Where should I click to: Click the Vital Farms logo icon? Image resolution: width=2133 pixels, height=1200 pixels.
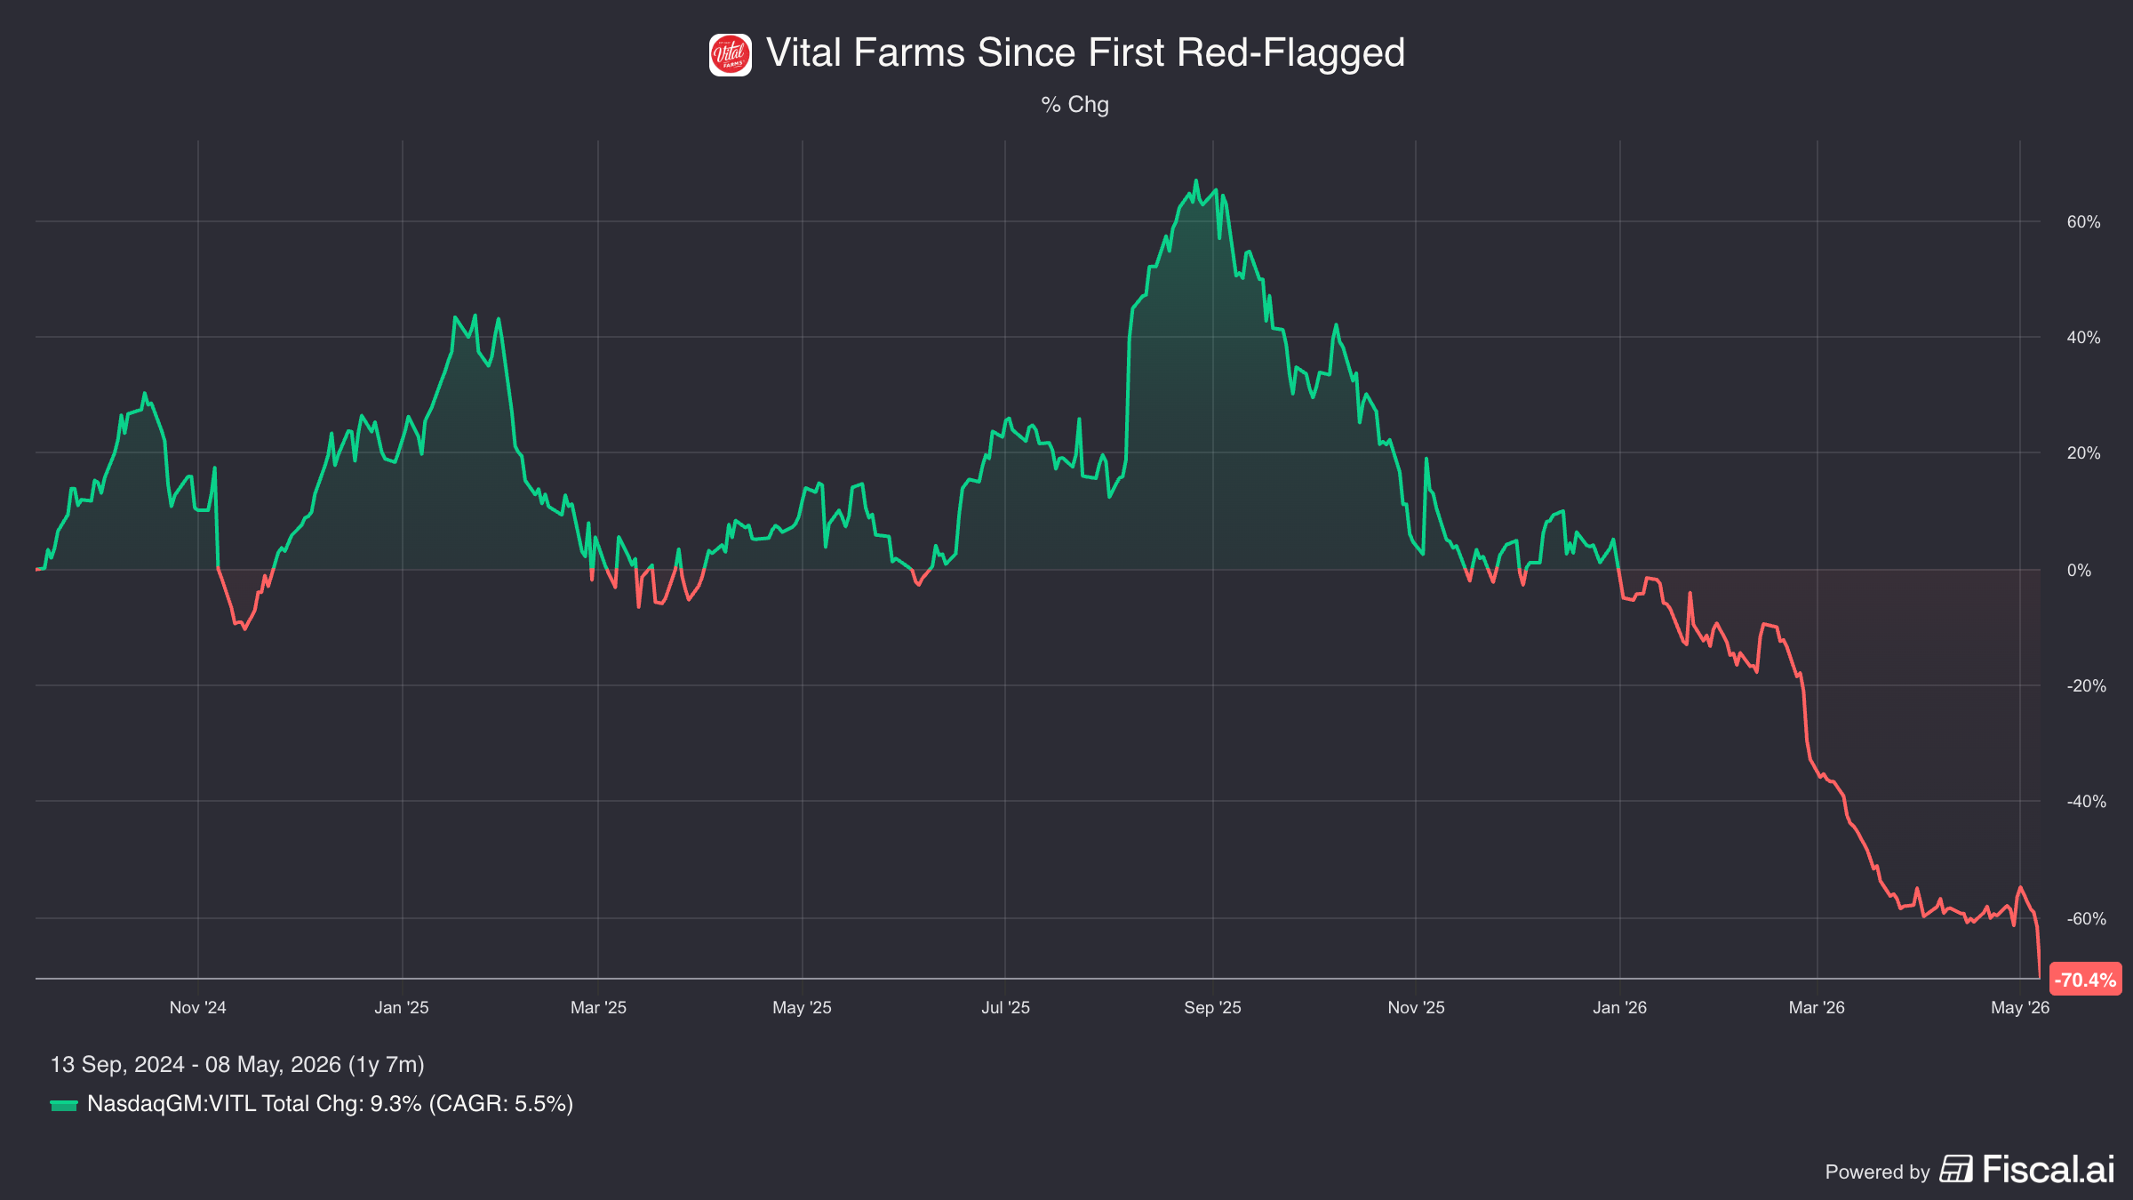[730, 55]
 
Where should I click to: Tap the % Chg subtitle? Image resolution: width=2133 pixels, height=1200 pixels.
[1074, 105]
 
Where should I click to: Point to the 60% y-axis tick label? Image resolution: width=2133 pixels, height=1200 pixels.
[2083, 222]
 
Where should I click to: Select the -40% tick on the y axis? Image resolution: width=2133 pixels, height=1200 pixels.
[2086, 802]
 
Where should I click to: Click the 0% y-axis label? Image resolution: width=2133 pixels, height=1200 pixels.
[2079, 571]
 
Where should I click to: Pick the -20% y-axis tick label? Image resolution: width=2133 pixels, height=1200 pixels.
[2086, 686]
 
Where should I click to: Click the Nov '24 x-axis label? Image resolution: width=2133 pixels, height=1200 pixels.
[197, 1008]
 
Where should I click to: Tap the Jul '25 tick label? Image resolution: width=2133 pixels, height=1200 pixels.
[1005, 1008]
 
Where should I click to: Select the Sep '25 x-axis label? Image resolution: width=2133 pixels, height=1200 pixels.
[1212, 1008]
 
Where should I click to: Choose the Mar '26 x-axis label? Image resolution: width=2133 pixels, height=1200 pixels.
[1817, 1008]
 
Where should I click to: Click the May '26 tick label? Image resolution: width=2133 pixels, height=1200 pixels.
[2020, 1008]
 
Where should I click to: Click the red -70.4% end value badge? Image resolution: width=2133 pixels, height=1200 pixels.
[2085, 980]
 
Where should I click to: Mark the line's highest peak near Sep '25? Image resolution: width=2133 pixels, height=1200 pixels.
[1195, 180]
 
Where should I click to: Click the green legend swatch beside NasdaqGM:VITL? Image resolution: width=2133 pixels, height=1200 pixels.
[64, 1105]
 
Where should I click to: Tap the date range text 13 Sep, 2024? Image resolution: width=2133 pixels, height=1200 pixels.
[117, 1065]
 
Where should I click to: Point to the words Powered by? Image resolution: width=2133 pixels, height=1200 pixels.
[1877, 1172]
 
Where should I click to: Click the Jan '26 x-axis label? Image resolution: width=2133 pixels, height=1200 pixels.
[1619, 1008]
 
